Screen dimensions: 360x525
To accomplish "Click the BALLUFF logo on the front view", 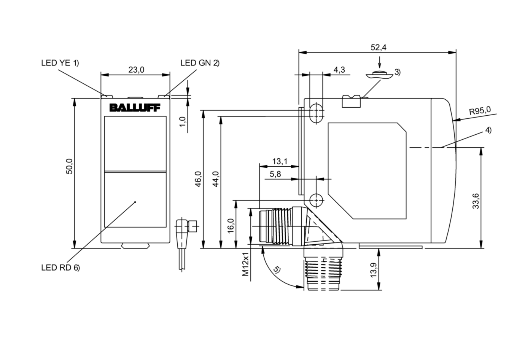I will pyautogui.click(x=135, y=108).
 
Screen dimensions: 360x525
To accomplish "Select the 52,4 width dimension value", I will pyautogui.click(x=378, y=47).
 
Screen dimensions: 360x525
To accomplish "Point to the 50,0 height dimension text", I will pyautogui.click(x=70, y=166).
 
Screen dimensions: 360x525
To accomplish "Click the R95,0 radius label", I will pyautogui.click(x=480, y=111).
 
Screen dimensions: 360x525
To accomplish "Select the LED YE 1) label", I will pyautogui.click(x=60, y=63).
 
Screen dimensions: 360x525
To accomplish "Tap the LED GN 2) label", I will pyautogui.click(x=200, y=63).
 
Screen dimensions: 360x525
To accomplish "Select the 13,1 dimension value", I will pyautogui.click(x=280, y=161).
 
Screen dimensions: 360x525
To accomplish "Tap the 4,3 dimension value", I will pyautogui.click(x=339, y=70).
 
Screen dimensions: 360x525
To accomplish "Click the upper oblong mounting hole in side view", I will pyautogui.click(x=316, y=112).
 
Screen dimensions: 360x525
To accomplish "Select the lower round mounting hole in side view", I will pyautogui.click(x=316, y=199).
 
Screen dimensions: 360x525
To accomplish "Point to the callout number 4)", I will pyautogui.click(x=488, y=130).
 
